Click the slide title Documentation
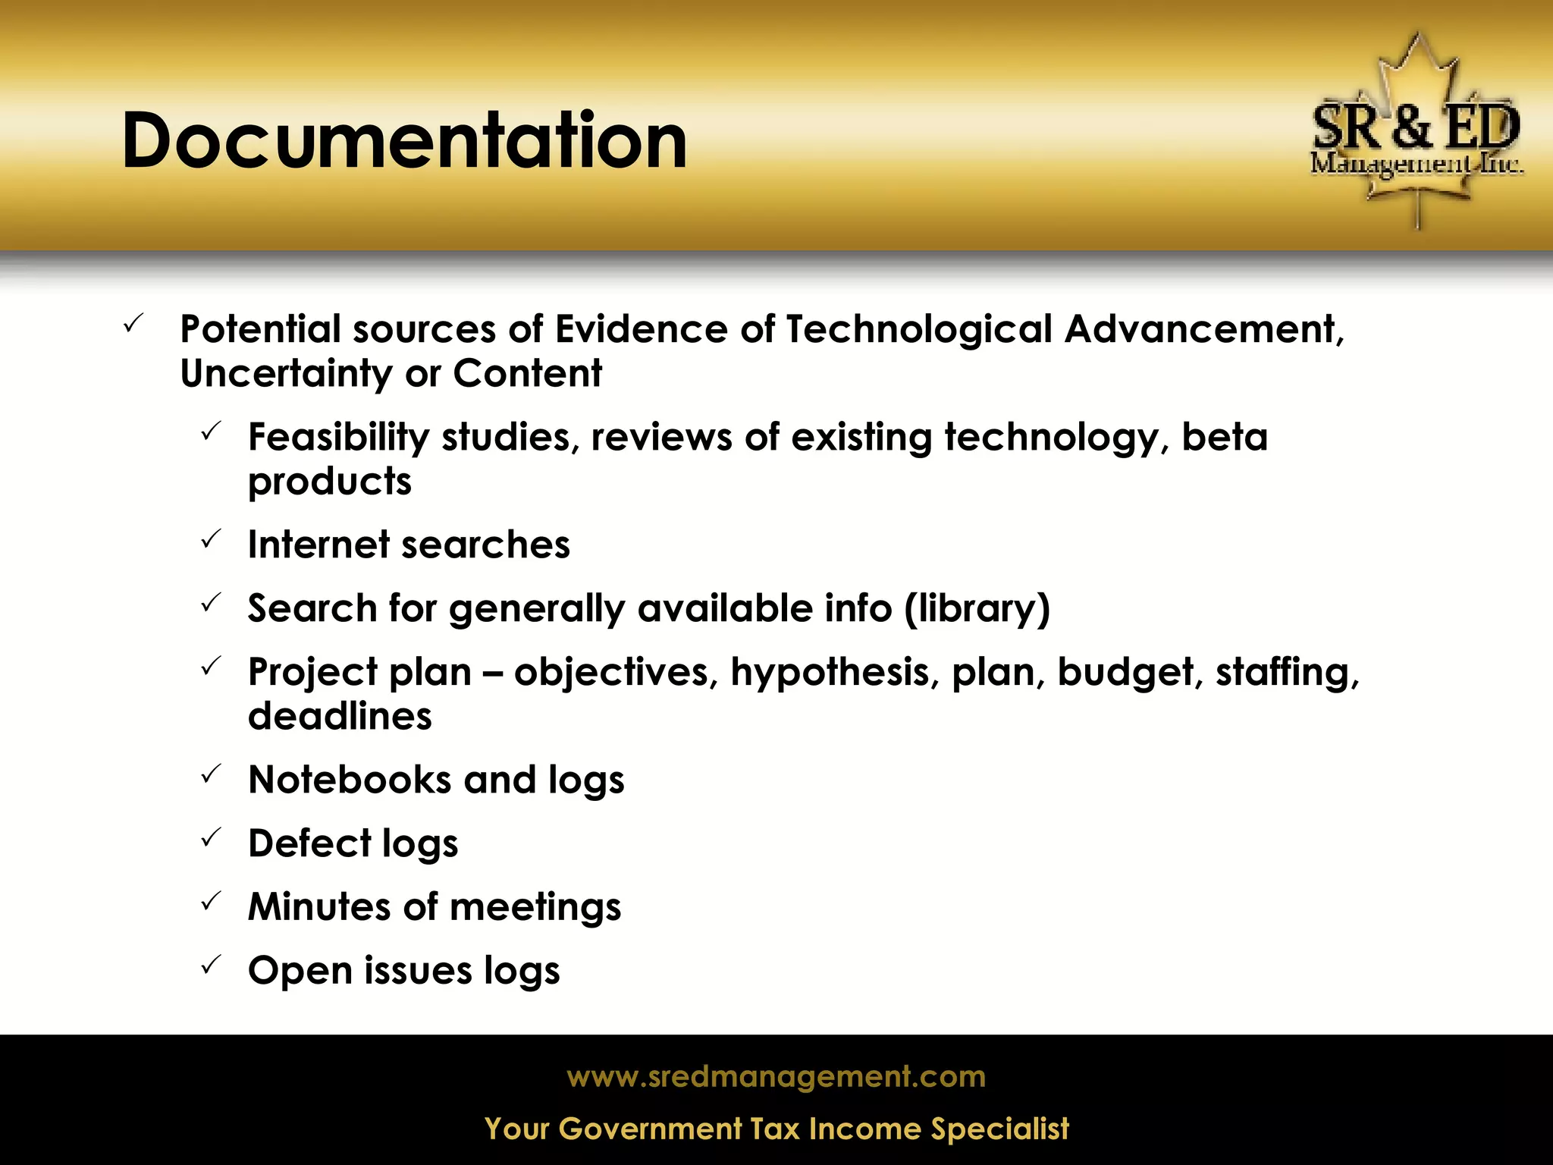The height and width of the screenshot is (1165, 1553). tap(404, 141)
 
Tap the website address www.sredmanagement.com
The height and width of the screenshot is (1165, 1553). tap(776, 1076)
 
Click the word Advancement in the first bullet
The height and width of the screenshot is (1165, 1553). tap(1203, 329)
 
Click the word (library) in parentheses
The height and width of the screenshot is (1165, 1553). tap(977, 609)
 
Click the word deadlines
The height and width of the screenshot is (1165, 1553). tap(340, 717)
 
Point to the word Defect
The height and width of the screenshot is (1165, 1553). tap(309, 843)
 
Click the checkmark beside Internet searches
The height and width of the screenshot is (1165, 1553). tap(211, 540)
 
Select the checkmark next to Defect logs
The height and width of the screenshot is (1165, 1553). tap(211, 838)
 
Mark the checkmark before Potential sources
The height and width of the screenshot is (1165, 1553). tap(133, 324)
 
